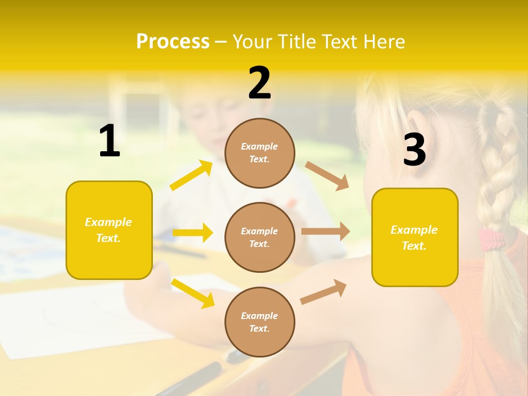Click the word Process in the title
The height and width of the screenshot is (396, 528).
173,42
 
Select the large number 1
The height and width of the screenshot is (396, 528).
109,141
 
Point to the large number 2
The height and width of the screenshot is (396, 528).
260,84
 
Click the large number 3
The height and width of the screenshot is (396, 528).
414,150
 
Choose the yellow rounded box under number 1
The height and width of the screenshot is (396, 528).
109,230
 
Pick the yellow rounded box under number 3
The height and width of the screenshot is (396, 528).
415,238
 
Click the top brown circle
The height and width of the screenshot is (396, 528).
260,153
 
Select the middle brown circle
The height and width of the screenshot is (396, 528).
260,237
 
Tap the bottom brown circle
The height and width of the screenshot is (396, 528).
260,322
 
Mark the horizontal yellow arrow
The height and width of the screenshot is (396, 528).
193,233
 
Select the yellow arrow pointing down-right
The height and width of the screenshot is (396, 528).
193,293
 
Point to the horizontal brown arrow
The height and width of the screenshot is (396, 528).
326,232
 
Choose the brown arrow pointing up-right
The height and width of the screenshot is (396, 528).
323,292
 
